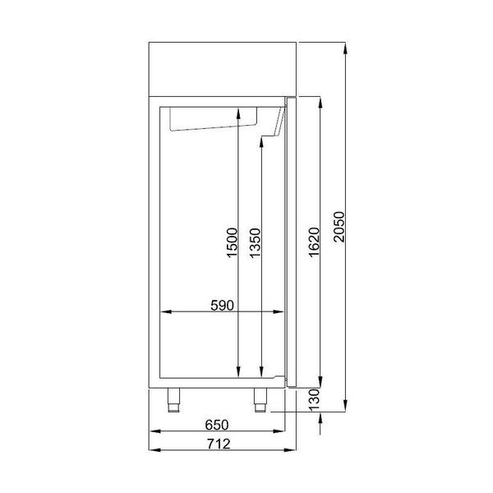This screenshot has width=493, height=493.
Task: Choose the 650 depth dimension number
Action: tap(216, 425)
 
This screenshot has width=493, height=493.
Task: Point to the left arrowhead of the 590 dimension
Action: tap(163, 312)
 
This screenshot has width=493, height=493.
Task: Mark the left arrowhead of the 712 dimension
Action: tap(154, 450)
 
